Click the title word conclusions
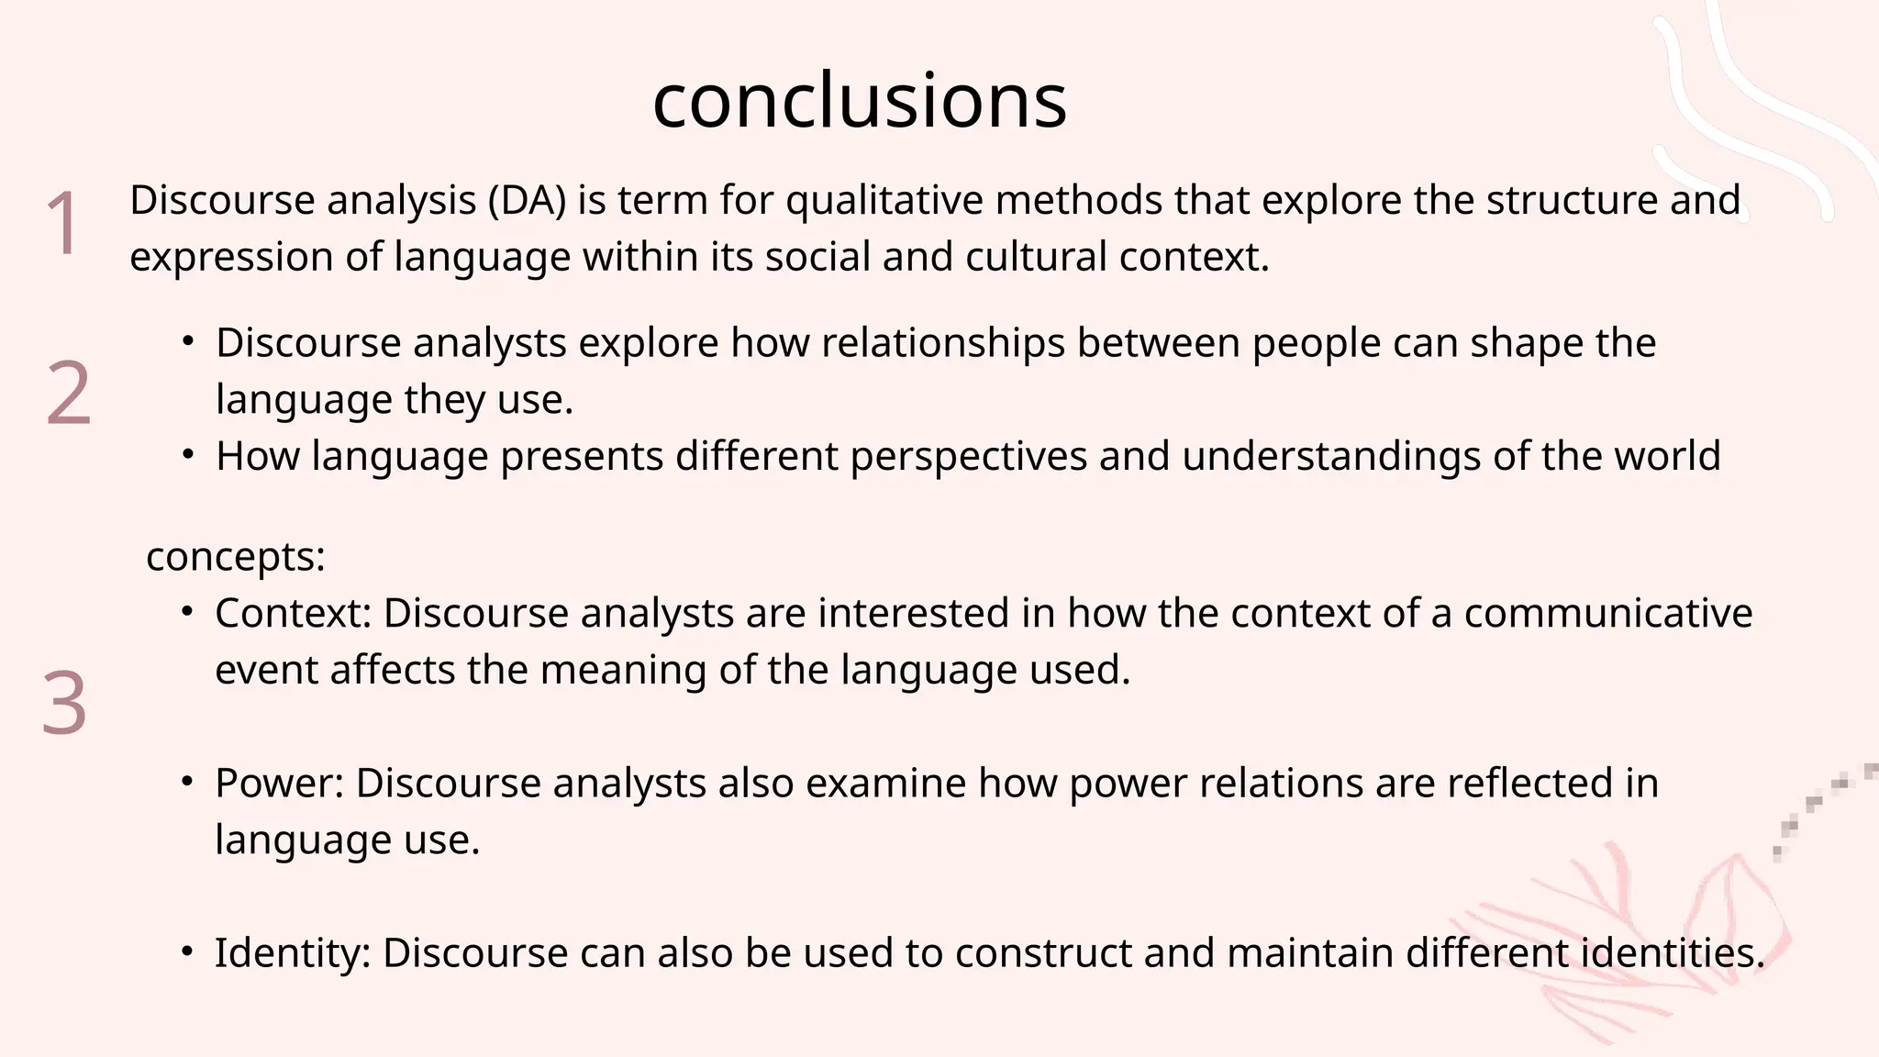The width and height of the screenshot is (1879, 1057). pyautogui.click(x=860, y=100)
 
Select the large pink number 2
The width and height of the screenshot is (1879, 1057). pyautogui.click(x=69, y=393)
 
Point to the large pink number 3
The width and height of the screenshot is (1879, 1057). pyautogui.click(x=65, y=703)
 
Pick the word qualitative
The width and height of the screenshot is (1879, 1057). pyautogui.click(x=884, y=200)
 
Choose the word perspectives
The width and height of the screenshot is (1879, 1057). pyautogui.click(x=969, y=456)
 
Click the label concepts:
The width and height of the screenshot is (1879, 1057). pyautogui.click(x=236, y=556)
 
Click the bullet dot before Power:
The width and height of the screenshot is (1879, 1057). pyautogui.click(x=188, y=782)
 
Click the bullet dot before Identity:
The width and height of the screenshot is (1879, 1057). pyautogui.click(x=188, y=951)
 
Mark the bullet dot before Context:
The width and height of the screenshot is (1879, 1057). pyautogui.click(x=188, y=612)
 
